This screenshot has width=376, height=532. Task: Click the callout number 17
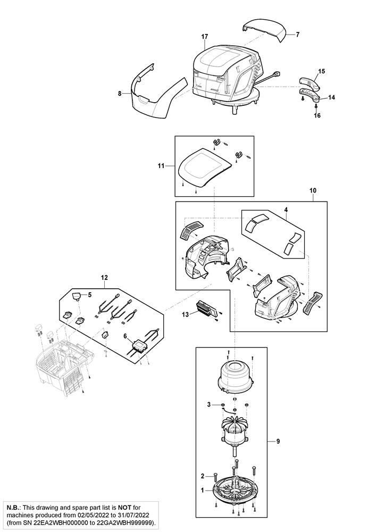tap(204, 36)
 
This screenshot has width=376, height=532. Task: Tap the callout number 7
tap(298, 34)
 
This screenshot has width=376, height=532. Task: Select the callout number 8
tap(120, 94)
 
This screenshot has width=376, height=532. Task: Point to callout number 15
tap(321, 71)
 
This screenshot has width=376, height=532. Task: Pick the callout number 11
tap(161, 165)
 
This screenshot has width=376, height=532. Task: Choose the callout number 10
tap(313, 190)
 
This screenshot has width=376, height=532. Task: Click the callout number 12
tap(104, 277)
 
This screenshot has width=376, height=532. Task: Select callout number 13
tap(186, 314)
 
